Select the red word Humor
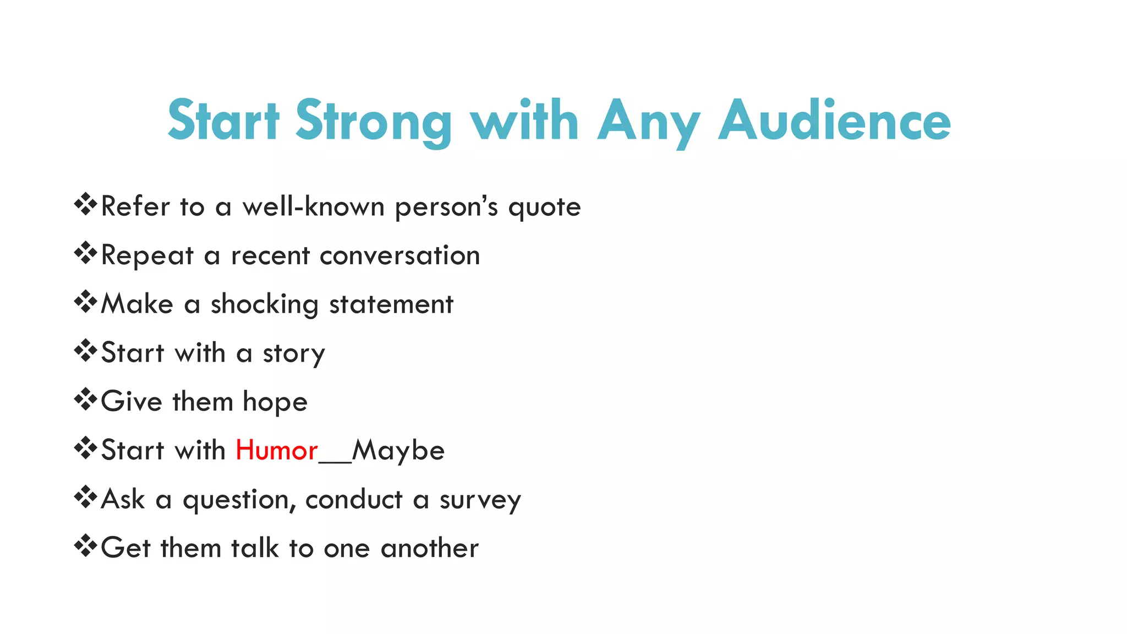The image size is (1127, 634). (276, 450)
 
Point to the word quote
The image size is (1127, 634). (544, 207)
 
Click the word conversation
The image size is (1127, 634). (400, 255)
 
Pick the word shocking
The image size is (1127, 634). (264, 305)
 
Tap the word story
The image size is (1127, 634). (294, 354)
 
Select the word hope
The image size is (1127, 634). (275, 402)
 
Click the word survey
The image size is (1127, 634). (480, 500)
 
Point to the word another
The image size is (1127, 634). (429, 548)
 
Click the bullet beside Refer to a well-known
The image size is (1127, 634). (85, 205)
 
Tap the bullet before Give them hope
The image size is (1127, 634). (85, 400)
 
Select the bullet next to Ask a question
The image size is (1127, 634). (85, 498)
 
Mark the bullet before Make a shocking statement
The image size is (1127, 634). (85, 302)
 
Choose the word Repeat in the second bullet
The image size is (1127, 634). (147, 256)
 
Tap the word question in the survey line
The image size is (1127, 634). (236, 500)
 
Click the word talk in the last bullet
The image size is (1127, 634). (254, 548)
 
